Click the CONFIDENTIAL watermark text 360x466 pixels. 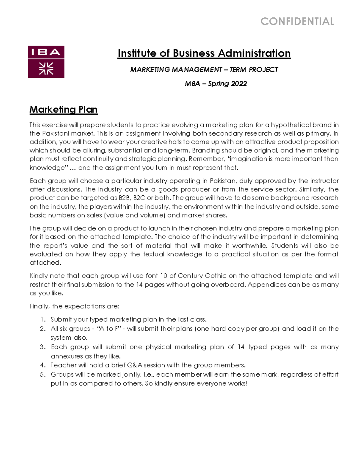click(297, 22)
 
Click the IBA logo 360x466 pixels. click(46, 62)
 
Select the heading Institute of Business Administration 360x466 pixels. click(204, 53)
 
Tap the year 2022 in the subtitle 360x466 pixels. click(239, 84)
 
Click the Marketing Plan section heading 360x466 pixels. click(63, 110)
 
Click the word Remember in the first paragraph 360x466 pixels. click(206, 159)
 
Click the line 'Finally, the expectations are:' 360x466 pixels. click(74, 306)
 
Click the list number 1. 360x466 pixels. click(43, 320)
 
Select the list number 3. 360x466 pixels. click(43, 347)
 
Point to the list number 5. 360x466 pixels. click(43, 374)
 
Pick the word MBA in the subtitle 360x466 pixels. click(192, 84)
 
